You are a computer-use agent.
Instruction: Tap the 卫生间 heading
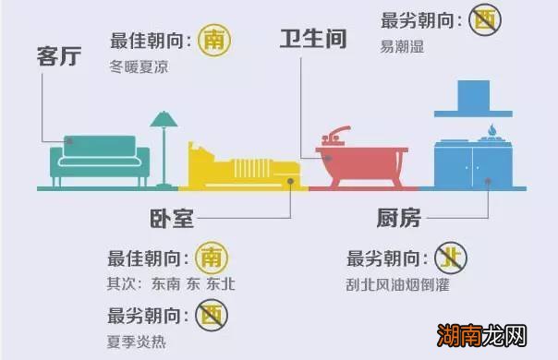313,40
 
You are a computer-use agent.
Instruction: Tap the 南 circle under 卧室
212,258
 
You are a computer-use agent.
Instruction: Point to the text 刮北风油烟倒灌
397,285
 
